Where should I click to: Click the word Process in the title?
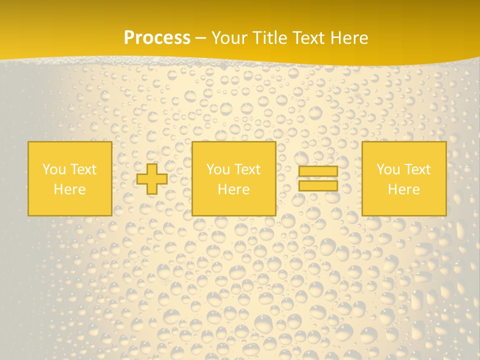coord(157,38)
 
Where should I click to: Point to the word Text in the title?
coord(308,38)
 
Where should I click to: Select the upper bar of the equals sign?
coord(318,171)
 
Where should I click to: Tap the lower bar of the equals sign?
coord(318,186)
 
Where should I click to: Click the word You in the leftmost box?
coord(54,169)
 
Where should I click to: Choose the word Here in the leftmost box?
coord(69,189)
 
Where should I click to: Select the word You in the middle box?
coord(218,169)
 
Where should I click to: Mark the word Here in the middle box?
coord(233,189)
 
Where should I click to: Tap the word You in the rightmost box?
coord(388,169)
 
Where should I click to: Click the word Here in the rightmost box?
coord(403,189)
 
